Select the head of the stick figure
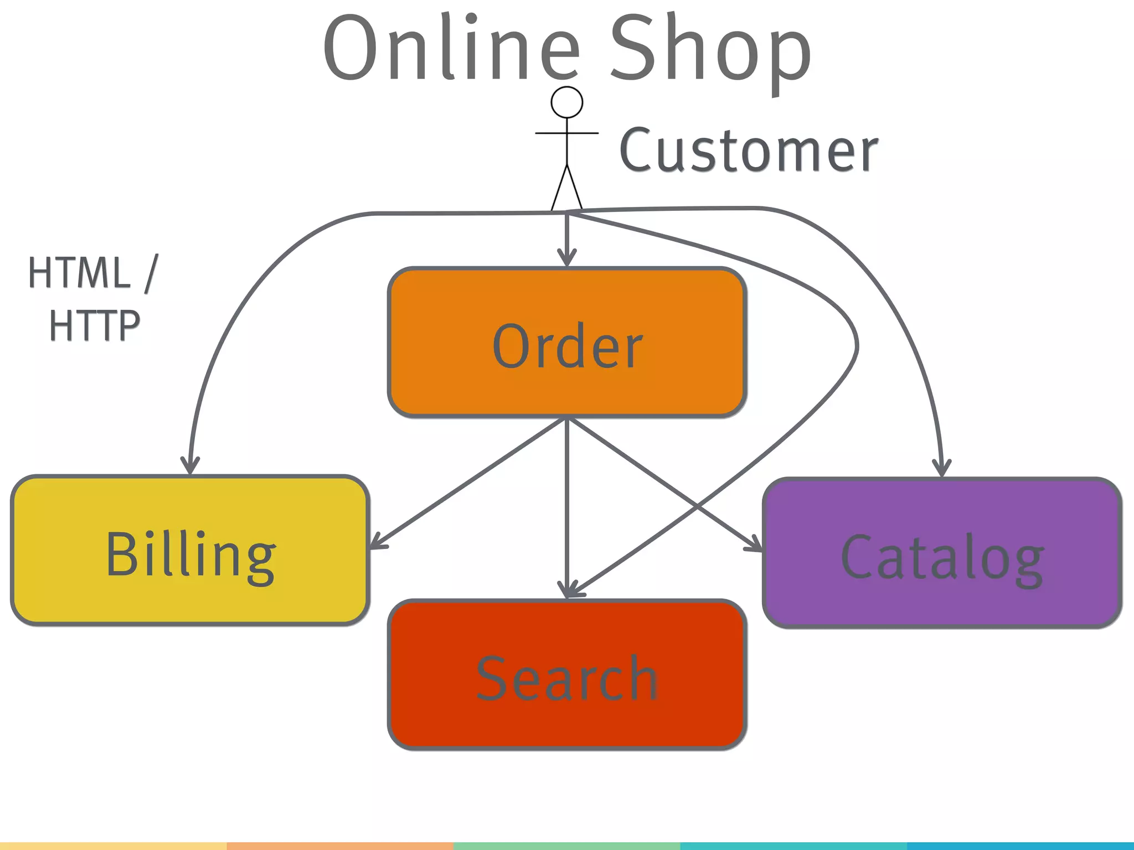click(x=567, y=102)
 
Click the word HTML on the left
click(x=79, y=273)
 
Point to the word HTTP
click(x=95, y=326)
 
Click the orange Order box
click(x=567, y=342)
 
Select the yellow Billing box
click(x=190, y=551)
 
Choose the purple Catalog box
click(x=942, y=553)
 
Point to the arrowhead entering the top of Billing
click(x=190, y=466)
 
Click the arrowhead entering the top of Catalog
click(x=942, y=468)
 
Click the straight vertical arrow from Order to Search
click(x=567, y=498)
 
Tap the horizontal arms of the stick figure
click(x=567, y=133)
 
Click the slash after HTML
click(x=151, y=273)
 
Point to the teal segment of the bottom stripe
click(x=907, y=846)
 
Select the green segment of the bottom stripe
click(x=567, y=846)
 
